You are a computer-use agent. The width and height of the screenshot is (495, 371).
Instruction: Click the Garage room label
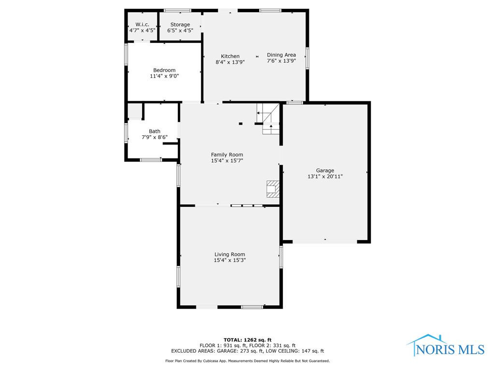tap(325, 171)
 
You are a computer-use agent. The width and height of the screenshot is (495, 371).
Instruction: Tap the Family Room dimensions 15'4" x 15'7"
tap(227, 160)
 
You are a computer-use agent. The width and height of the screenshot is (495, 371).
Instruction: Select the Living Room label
tap(230, 254)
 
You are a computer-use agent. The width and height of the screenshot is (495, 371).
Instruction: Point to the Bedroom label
tap(164, 70)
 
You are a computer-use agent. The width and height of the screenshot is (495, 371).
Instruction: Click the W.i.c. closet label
tap(143, 24)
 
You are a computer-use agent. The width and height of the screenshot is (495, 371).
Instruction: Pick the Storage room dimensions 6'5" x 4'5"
tap(180, 30)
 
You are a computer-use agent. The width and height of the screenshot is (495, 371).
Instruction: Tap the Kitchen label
tap(230, 56)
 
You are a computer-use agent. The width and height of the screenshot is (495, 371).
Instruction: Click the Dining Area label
tap(281, 55)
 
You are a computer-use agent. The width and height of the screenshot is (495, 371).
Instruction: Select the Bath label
tap(154, 131)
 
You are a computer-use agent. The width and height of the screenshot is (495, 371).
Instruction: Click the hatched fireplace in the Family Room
tap(273, 189)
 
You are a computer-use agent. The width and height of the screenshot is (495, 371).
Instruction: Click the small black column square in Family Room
tap(241, 124)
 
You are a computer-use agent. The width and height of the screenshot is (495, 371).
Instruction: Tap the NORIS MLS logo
tap(446, 346)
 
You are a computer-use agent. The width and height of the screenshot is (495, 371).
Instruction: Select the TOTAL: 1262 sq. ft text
tap(247, 340)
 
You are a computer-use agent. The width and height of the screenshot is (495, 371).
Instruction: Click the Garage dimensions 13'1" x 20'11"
tap(325, 177)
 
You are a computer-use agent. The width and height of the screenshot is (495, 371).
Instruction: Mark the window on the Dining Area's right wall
tap(307, 58)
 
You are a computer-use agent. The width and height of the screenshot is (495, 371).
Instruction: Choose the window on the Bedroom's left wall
tap(126, 54)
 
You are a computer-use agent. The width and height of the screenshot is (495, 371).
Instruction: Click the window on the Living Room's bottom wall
tap(252, 307)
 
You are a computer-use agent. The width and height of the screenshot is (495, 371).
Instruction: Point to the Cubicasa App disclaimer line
tap(247, 360)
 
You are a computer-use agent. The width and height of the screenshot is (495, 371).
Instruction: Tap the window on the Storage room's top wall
tap(177, 11)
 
